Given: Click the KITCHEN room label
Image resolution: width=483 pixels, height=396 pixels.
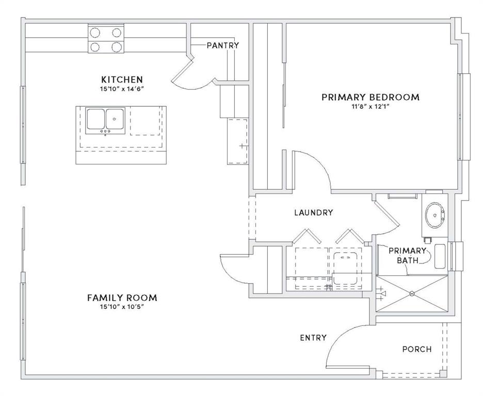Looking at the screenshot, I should (x=122, y=79).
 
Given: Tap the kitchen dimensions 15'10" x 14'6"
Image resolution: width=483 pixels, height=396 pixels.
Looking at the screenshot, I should (x=122, y=89).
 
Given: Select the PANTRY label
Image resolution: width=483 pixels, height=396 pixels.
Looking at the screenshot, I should (x=222, y=45).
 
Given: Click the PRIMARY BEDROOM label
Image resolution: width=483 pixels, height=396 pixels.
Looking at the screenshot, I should (x=371, y=97).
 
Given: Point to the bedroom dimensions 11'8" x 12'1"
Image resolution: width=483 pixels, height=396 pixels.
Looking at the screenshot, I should (x=371, y=107).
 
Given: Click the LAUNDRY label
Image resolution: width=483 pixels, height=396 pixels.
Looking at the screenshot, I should (x=313, y=212).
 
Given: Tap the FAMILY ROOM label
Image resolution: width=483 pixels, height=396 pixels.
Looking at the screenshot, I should (x=122, y=298).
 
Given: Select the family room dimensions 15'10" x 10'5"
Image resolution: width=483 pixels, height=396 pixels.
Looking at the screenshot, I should (x=122, y=307).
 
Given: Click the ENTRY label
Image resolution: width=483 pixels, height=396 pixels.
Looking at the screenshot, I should (x=313, y=338).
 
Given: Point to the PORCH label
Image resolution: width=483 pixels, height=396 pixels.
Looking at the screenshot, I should (x=416, y=349).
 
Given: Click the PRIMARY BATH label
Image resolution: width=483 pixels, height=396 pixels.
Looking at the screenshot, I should (x=407, y=255).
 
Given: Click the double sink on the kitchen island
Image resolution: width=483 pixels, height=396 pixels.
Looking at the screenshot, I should (x=106, y=120).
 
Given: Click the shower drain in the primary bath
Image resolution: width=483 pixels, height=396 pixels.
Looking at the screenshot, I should (x=412, y=294).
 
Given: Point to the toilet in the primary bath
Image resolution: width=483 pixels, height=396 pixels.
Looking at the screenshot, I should (x=440, y=256).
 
